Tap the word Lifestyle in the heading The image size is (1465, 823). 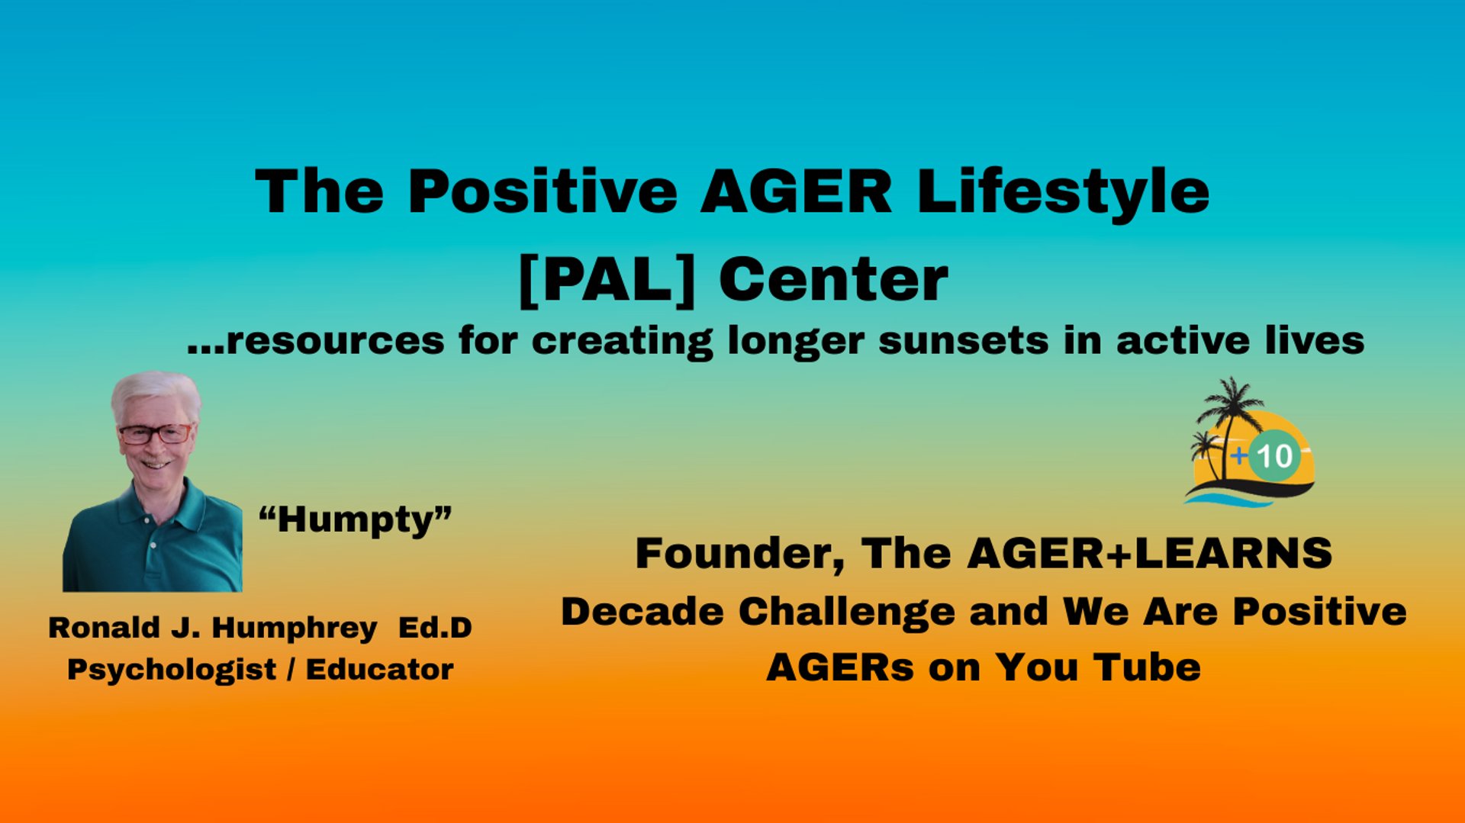click(1064, 192)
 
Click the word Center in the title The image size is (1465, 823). click(833, 280)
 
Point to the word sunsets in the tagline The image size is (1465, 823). click(964, 340)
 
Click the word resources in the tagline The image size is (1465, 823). click(336, 341)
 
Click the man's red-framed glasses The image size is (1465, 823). click(155, 434)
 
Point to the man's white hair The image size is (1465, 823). click(156, 392)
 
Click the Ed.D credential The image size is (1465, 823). click(435, 628)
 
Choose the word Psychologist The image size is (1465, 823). click(172, 670)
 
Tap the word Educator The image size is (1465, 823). click(379, 670)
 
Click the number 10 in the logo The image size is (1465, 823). click(1274, 456)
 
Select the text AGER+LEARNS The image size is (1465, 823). click(1150, 554)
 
